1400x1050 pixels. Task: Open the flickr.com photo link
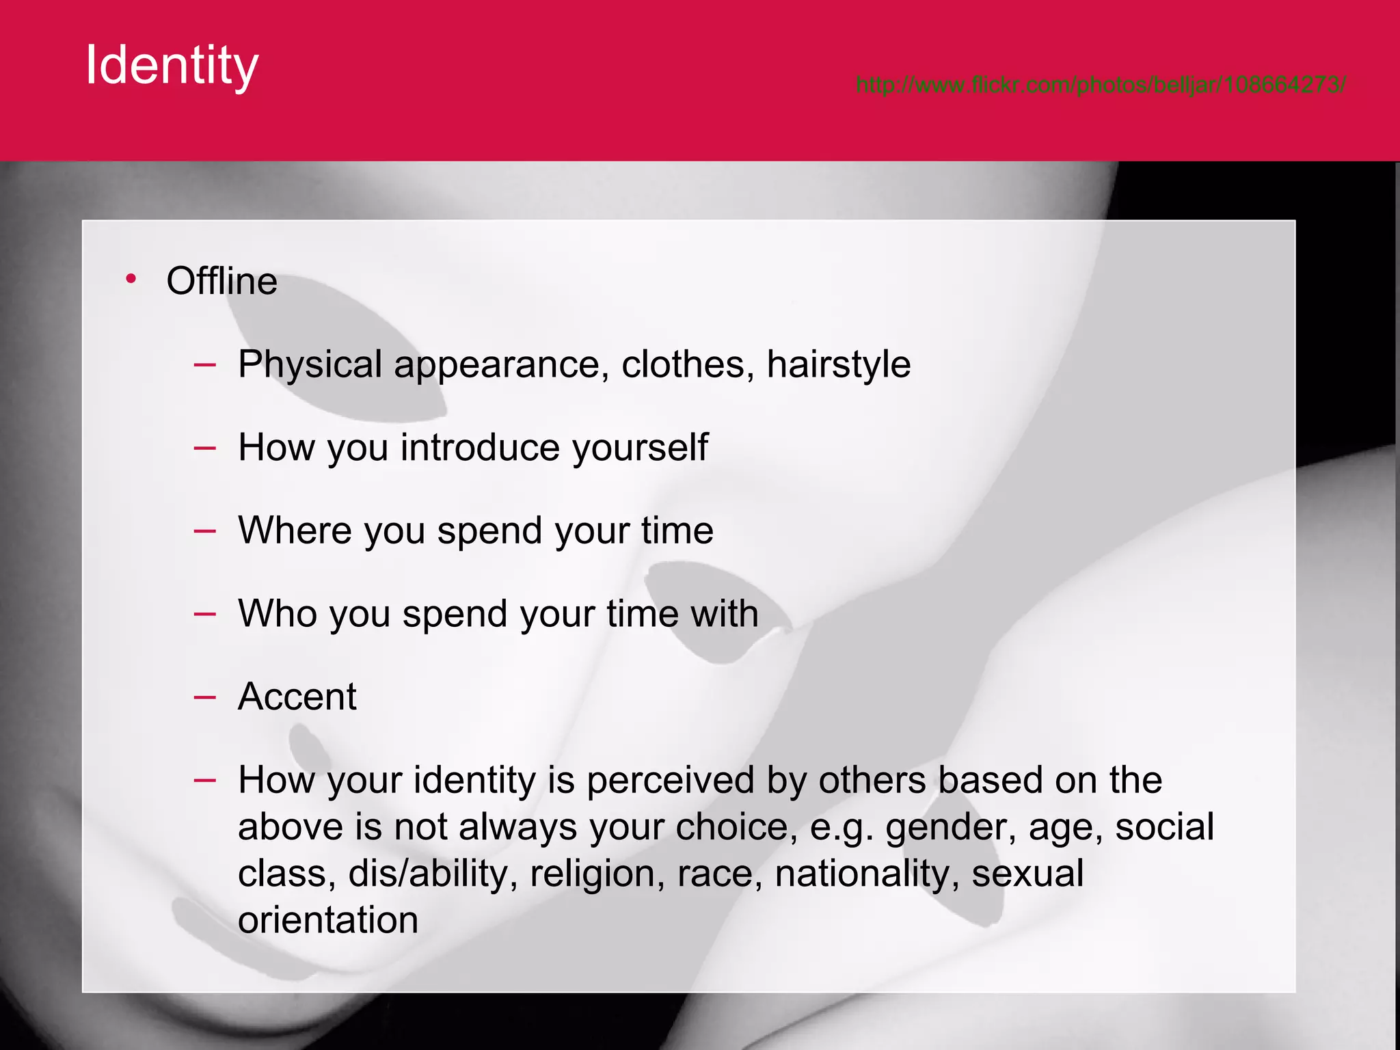coord(1101,85)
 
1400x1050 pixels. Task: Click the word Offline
coord(221,281)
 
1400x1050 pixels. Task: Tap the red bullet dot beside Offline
coord(131,278)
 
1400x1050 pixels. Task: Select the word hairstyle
coord(838,364)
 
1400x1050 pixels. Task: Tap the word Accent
coord(297,697)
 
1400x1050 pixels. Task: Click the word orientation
coord(328,920)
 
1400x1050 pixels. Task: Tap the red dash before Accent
coord(204,697)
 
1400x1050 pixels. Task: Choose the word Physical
coord(310,364)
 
